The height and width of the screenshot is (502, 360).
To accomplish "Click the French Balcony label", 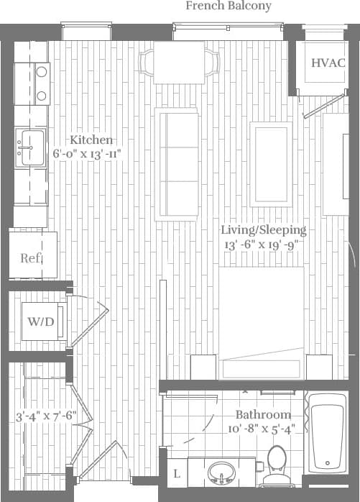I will point(229,6).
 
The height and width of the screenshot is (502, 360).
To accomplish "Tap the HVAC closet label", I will point(328,63).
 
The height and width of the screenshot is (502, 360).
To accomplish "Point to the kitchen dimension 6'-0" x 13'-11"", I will point(87,154).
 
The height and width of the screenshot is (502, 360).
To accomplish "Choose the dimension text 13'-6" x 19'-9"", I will point(261,244).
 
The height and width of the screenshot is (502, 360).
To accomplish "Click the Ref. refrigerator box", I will point(30,257).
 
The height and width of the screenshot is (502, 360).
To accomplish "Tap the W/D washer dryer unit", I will point(40,321).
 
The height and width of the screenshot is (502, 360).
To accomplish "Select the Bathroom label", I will point(264,415).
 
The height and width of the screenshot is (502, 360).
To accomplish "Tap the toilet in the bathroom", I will point(276,464).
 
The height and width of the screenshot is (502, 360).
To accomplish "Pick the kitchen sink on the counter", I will point(29,147).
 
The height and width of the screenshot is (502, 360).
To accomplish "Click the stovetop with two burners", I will point(41,83).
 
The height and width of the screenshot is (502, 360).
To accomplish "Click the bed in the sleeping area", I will point(261,316).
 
